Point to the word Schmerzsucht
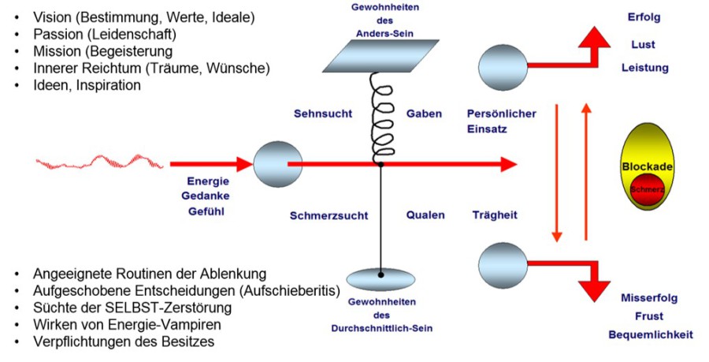coord(325,215)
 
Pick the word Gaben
coord(424,114)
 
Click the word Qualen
coord(425,215)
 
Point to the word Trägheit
coord(496,215)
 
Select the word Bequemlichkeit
coord(651,335)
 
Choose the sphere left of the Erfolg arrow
coord(500,63)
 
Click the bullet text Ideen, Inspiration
coord(87,85)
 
